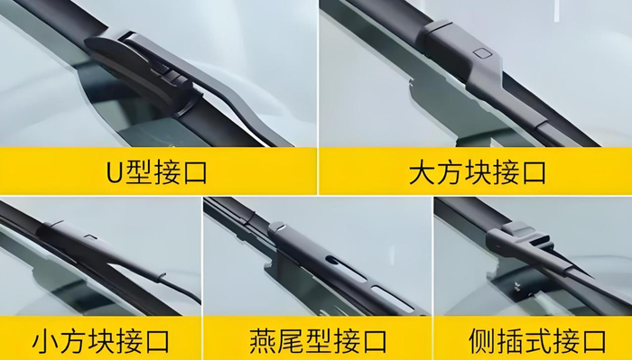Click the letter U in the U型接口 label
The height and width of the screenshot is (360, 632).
coord(116,172)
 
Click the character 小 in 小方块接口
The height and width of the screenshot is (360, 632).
coord(45,341)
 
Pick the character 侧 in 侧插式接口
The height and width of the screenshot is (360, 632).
coord(482,341)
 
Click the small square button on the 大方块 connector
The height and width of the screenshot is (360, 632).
coord(481,52)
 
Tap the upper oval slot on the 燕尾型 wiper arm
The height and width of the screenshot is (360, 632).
coord(347,268)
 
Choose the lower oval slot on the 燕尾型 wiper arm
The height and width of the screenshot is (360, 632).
coord(393,299)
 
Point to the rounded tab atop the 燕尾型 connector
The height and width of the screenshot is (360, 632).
coord(277,226)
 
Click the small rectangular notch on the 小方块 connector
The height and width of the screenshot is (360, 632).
coord(91,236)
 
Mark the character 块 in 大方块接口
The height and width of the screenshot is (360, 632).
coord(478,172)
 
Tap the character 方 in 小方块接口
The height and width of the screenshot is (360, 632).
coord(73,341)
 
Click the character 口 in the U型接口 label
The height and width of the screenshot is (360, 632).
coord(195,172)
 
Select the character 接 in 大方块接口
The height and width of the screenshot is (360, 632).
coord(506,172)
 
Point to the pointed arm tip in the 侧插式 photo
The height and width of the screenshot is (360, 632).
coord(590,278)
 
